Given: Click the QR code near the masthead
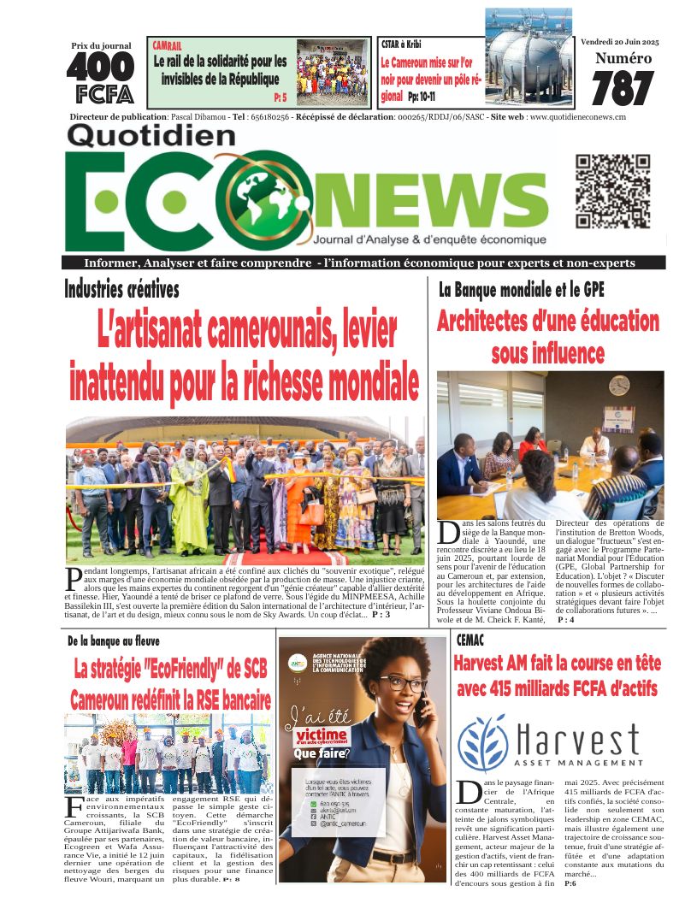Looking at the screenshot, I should pyautogui.click(x=613, y=192).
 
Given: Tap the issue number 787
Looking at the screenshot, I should pyautogui.click(x=622, y=89).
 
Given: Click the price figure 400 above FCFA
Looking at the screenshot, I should pyautogui.click(x=100, y=67).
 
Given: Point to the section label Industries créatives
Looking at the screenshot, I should pyautogui.click(x=121, y=289).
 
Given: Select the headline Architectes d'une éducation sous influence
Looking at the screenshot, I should pyautogui.click(x=548, y=336).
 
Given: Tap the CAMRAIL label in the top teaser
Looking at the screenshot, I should pyautogui.click(x=168, y=45).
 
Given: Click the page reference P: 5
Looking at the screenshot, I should pyautogui.click(x=281, y=97).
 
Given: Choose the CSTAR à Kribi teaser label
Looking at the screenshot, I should pyautogui.click(x=401, y=44).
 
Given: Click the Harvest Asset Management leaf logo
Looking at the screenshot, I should pyautogui.click(x=483, y=741).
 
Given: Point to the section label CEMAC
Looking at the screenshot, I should pyautogui.click(x=471, y=640).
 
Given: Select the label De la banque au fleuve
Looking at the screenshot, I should pyautogui.click(x=114, y=640).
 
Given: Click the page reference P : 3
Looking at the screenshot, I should pyautogui.click(x=381, y=614).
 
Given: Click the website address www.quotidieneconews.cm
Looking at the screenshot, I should pyautogui.click(x=576, y=117).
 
